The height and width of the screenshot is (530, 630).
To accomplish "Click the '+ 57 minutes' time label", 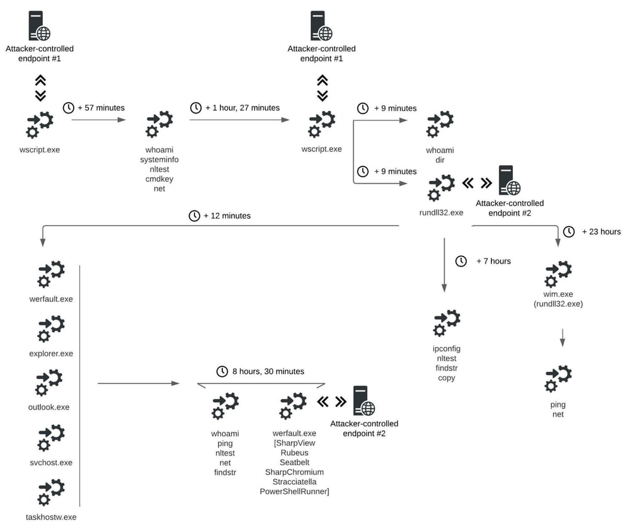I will pos(101,108).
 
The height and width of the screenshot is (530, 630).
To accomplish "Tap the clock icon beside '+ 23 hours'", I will pos(568,231).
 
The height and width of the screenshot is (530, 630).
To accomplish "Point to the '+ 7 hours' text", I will pos(493,261).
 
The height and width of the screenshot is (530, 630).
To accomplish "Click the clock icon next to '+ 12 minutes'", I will pos(195,216).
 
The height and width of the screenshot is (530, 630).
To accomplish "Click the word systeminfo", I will pos(159,159).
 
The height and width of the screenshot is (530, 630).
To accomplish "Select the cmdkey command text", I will pos(159,179).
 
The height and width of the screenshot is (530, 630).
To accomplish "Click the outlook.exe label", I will pos(49,407).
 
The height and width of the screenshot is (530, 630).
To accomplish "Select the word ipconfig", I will pos(446,349).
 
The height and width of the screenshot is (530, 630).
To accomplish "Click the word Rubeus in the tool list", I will pos(294,453).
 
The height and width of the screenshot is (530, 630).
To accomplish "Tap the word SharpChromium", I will pos(294,472).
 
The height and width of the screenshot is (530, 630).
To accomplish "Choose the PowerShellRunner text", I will pos(294,491).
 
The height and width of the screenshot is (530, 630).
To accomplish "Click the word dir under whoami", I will pos(440,160).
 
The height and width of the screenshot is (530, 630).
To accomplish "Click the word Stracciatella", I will pos(294,481).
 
